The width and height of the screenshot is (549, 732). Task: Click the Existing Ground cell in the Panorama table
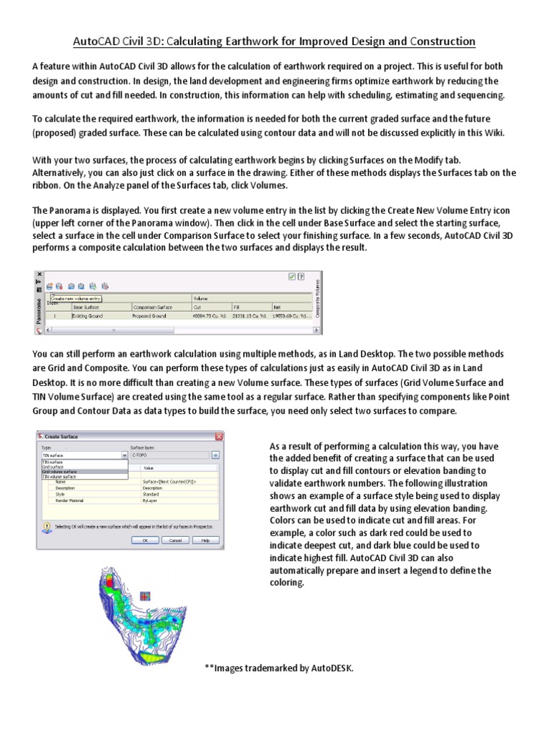(x=89, y=315)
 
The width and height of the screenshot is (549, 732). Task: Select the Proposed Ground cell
(x=149, y=315)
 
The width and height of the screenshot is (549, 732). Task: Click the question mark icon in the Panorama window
(x=301, y=276)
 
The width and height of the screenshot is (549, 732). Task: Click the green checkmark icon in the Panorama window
(x=292, y=276)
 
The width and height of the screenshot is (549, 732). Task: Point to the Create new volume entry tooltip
(x=75, y=298)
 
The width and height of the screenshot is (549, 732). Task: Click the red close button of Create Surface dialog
(x=218, y=436)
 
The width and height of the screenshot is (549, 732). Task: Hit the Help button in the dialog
(x=204, y=541)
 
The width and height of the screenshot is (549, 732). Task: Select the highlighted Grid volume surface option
(x=60, y=472)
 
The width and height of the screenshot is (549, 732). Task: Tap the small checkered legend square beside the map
(x=146, y=595)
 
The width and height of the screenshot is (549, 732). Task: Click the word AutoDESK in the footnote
(x=331, y=668)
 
